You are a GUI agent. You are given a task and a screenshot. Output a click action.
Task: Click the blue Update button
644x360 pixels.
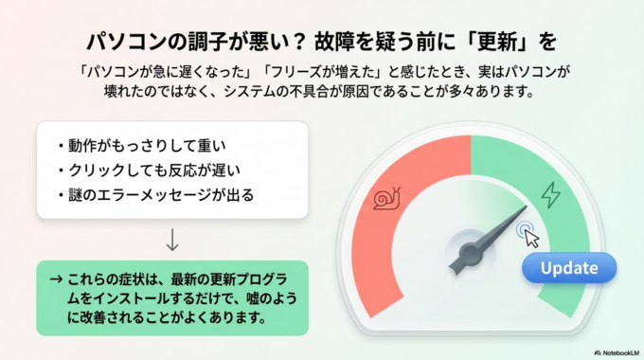pos(568,268)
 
